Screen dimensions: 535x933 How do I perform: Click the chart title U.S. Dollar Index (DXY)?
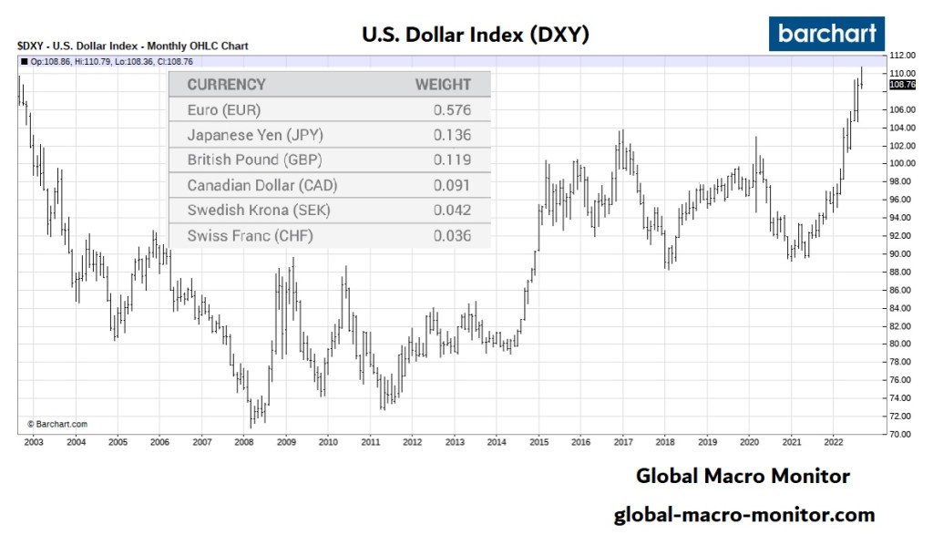pos(475,35)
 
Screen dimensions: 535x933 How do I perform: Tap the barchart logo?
pos(827,34)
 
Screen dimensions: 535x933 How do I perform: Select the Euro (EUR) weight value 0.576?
pos(452,109)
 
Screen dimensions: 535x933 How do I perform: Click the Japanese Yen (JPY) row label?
pos(255,135)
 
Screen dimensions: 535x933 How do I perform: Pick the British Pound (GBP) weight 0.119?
pos(452,159)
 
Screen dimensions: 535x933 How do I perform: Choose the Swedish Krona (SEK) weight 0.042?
pos(452,210)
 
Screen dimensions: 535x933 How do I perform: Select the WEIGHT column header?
pos(444,85)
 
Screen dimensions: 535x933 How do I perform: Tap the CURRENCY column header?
pos(226,85)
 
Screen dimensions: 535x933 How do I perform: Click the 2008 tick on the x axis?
pos(244,442)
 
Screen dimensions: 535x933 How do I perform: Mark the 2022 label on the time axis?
pos(833,442)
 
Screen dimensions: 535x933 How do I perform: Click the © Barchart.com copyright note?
pos(56,424)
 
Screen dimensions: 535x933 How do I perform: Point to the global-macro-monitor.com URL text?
pos(743,515)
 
